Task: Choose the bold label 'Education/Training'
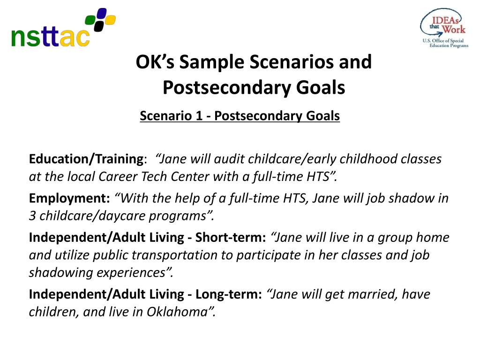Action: coord(86,159)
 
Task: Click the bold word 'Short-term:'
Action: coord(231,237)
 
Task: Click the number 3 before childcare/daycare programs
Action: coord(32,216)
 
